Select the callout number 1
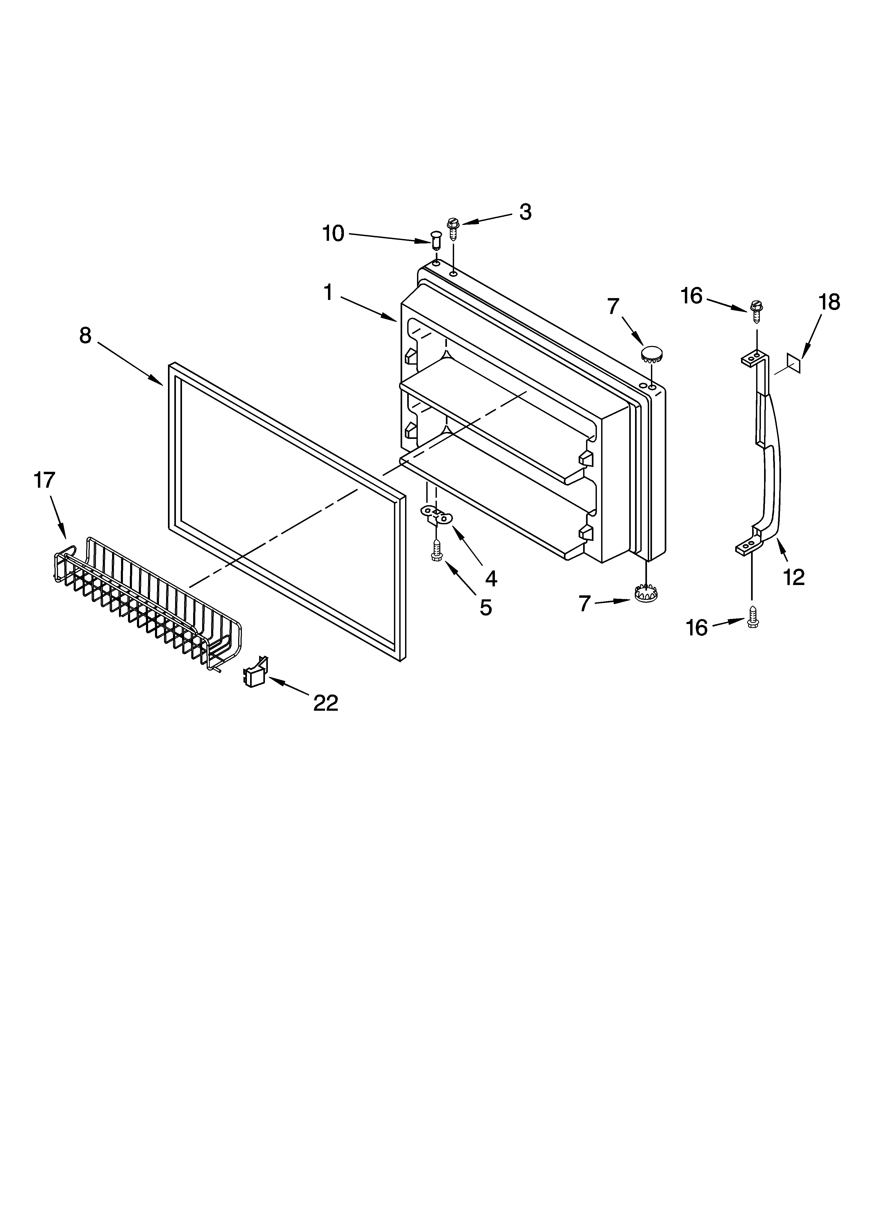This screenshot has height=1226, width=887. (328, 293)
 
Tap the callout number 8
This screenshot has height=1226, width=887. (85, 336)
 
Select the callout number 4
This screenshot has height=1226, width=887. (490, 578)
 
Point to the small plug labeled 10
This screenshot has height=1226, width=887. (436, 238)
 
